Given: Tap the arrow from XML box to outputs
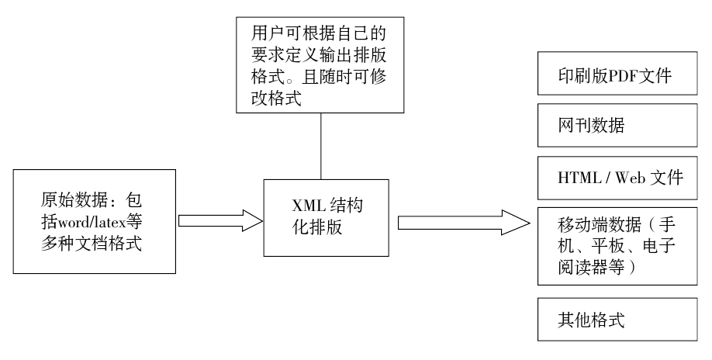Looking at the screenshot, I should coord(465,222).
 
